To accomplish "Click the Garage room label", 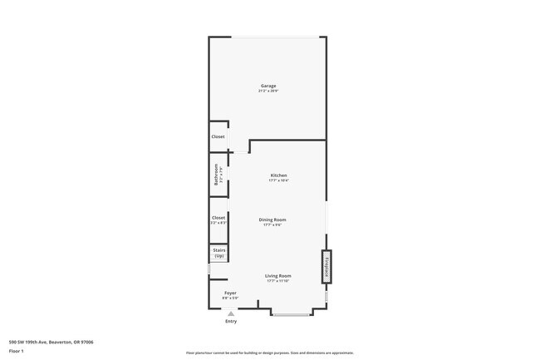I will click(268, 86).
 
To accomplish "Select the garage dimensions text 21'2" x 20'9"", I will click(268, 91).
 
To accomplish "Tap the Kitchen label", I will click(278, 175).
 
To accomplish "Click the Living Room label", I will click(277, 275).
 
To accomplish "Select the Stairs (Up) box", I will click(218, 253).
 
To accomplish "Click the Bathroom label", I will click(215, 175).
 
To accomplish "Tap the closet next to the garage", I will click(218, 136).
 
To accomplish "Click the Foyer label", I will click(230, 293).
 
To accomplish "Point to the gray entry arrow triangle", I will click(231, 314).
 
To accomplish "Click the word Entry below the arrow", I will click(231, 322).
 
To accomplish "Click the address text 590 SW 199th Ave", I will click(51, 342).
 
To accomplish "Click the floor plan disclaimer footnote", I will click(270, 353).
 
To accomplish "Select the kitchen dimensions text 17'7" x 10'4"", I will click(278, 180).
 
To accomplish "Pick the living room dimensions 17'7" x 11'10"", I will click(277, 281).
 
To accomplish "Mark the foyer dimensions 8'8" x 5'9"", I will click(230, 298).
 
